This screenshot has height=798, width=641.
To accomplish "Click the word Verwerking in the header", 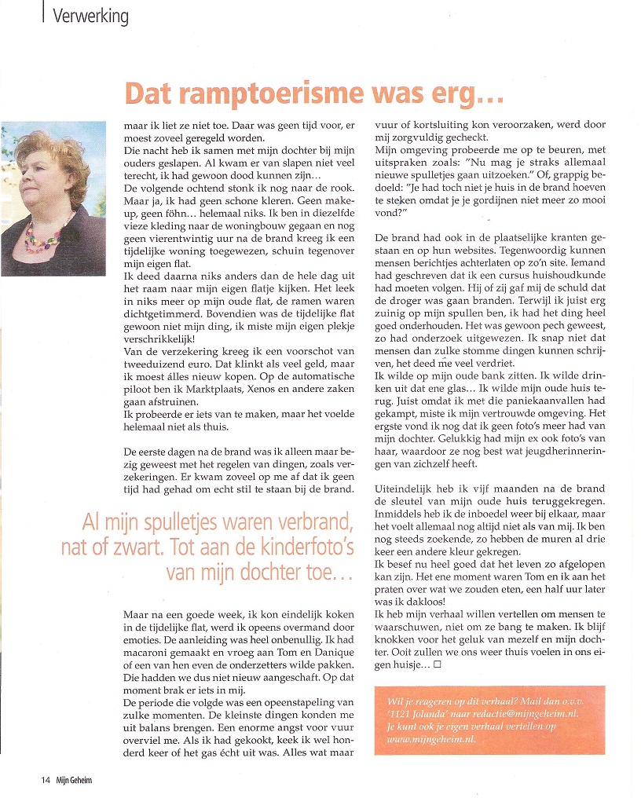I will (x=90, y=15).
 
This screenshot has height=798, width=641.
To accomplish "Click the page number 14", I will (x=46, y=781).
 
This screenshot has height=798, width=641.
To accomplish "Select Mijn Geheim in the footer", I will (x=73, y=781).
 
